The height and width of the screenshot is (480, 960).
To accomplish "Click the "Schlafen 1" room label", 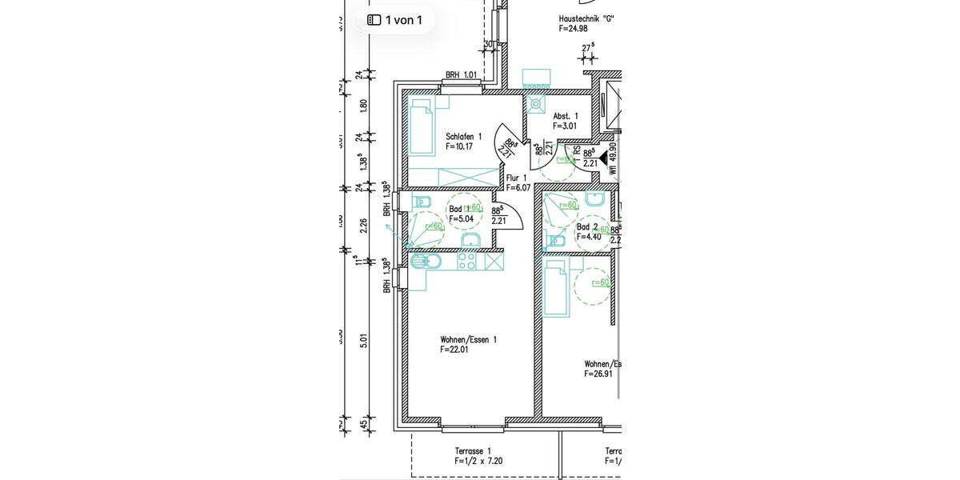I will (x=464, y=137).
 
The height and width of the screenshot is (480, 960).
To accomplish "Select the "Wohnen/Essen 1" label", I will (x=468, y=339).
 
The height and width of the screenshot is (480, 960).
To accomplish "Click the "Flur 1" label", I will (x=516, y=178).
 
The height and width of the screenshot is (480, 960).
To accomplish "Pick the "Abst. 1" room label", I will (x=565, y=116).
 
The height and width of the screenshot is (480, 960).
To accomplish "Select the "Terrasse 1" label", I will (x=473, y=451).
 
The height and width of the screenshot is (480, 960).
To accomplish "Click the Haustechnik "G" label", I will (x=586, y=18).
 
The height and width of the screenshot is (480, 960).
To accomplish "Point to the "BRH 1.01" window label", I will (x=461, y=76).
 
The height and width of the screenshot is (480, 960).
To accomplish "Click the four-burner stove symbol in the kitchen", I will (x=467, y=261).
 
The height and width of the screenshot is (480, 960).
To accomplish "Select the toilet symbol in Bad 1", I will (x=422, y=200).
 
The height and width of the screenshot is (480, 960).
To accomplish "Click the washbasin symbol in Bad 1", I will (x=470, y=241).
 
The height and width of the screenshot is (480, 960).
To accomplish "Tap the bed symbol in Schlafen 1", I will (x=421, y=128).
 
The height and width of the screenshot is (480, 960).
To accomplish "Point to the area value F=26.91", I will (x=598, y=374).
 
